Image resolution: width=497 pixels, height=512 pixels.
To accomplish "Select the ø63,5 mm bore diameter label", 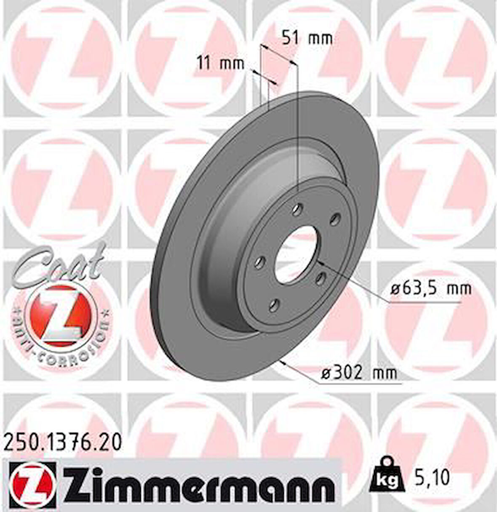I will point(430,289).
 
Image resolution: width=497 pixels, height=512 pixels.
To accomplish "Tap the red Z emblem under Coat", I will point(60,314).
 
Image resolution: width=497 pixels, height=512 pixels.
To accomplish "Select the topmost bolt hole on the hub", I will point(299,207).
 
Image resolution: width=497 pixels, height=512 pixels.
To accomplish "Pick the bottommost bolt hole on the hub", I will point(274,304).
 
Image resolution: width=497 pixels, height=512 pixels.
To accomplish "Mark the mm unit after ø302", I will point(385,373).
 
